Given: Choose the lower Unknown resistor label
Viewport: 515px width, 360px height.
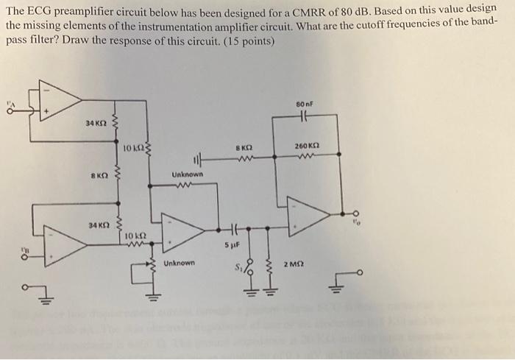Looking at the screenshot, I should pos(180,263).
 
